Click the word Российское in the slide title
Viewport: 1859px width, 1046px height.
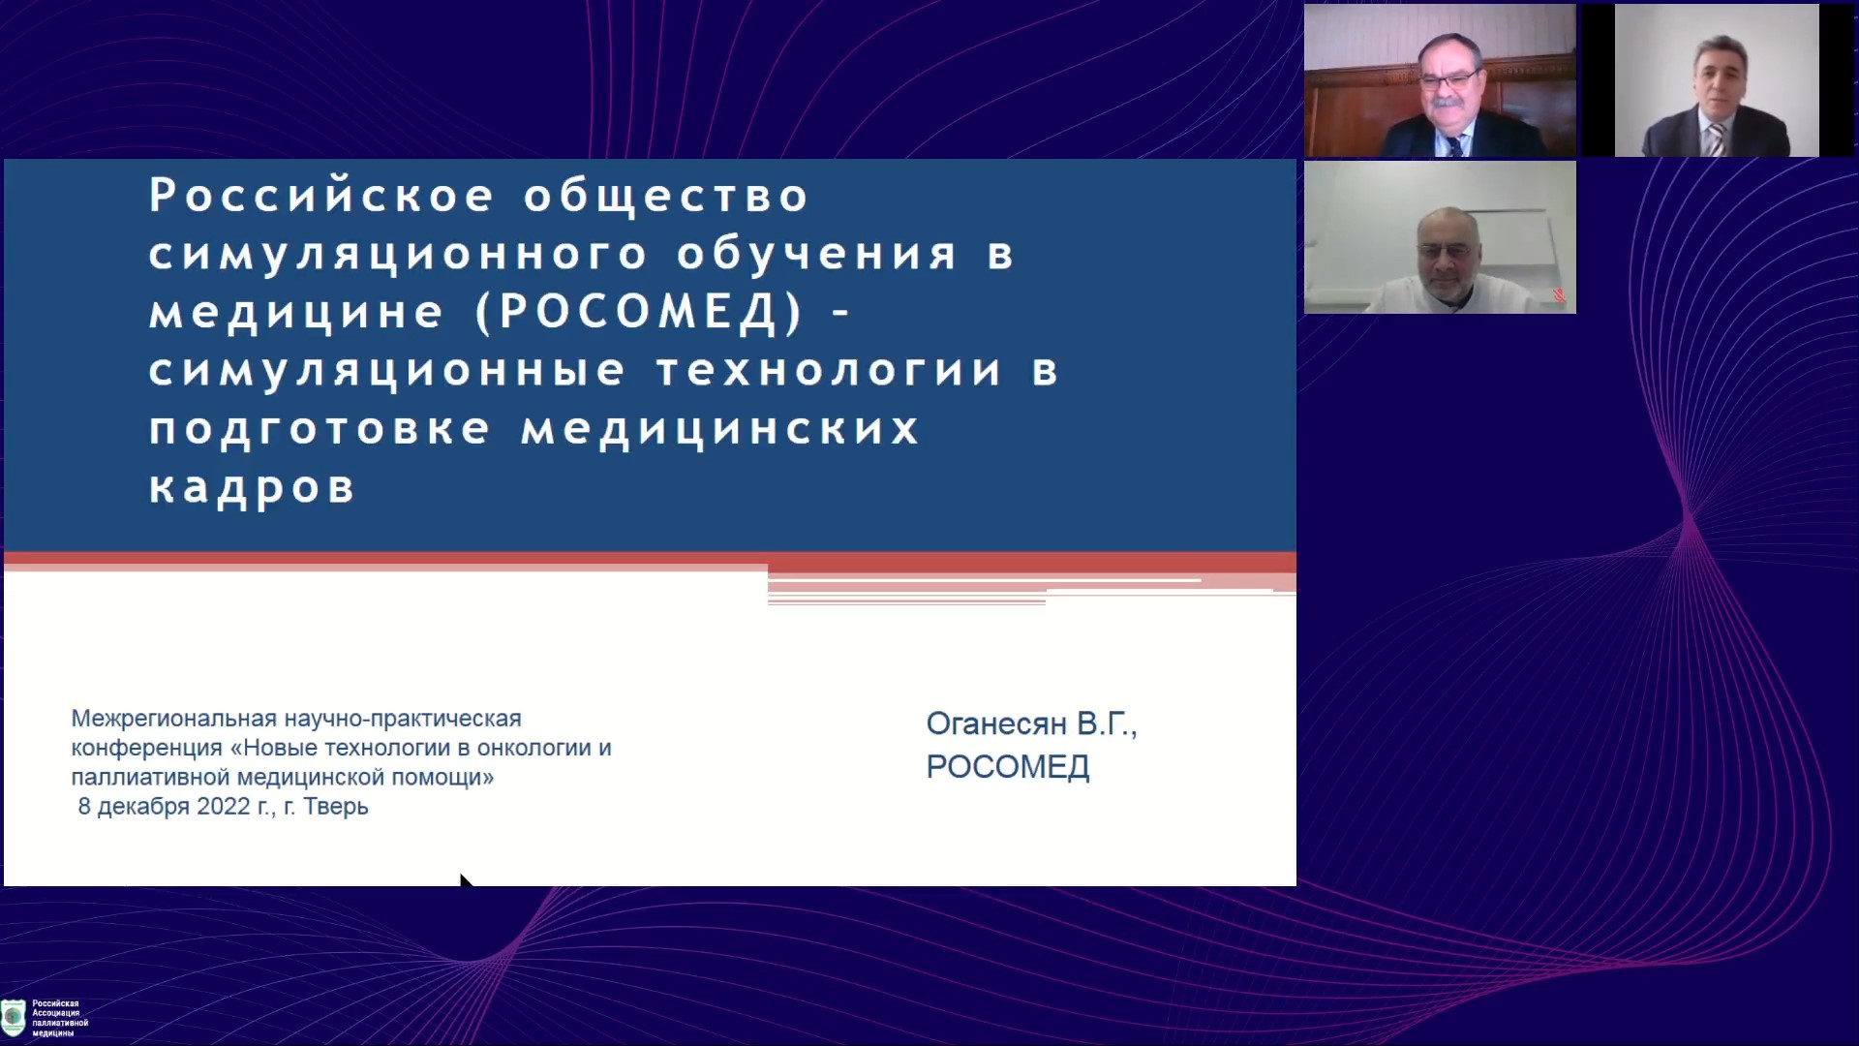[x=321, y=195]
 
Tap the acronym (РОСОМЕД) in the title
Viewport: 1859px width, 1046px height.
[x=640, y=312]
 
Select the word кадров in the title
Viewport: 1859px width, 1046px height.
[x=252, y=487]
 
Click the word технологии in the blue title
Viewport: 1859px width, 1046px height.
[x=829, y=370]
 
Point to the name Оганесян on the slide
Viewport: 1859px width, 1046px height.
[x=996, y=723]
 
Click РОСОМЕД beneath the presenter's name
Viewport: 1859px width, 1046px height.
[x=1008, y=767]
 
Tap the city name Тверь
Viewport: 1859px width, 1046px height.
[x=336, y=806]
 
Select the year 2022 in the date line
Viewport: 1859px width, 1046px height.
[x=224, y=806]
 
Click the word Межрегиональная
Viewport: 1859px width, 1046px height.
[x=174, y=719]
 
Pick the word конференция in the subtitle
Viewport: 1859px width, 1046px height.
[x=146, y=748]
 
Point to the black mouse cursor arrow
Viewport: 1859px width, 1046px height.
[x=466, y=879]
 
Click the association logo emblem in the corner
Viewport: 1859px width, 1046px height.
[x=14, y=1017]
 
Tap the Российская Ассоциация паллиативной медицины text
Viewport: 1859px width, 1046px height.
[x=60, y=1018]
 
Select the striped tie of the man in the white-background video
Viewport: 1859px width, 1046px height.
[x=1715, y=139]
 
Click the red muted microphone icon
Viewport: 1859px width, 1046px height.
[x=1559, y=295]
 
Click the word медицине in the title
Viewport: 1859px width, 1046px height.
[x=296, y=312]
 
